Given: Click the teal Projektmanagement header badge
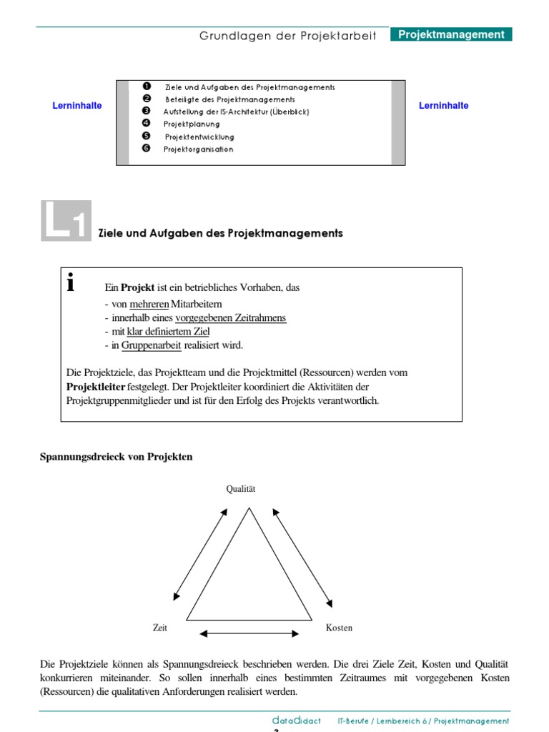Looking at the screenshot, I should click(x=451, y=34).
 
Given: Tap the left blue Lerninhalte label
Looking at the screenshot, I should click(x=77, y=106).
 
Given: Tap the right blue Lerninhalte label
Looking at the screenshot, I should click(x=443, y=106).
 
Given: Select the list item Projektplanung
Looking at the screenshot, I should click(x=192, y=124).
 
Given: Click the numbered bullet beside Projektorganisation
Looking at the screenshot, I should click(x=147, y=149).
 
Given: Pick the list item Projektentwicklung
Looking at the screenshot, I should click(x=199, y=137).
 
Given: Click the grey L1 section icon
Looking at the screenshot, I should click(x=66, y=220).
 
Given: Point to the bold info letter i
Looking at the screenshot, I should click(x=70, y=283).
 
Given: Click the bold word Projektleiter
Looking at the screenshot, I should click(x=95, y=387).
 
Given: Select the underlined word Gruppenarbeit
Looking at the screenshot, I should click(x=151, y=345).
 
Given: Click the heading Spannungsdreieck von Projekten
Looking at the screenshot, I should click(x=116, y=457).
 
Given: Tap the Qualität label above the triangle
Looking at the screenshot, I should click(x=241, y=489).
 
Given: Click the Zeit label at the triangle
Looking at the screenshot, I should click(x=160, y=628).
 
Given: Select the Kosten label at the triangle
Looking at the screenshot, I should click(x=339, y=628).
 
